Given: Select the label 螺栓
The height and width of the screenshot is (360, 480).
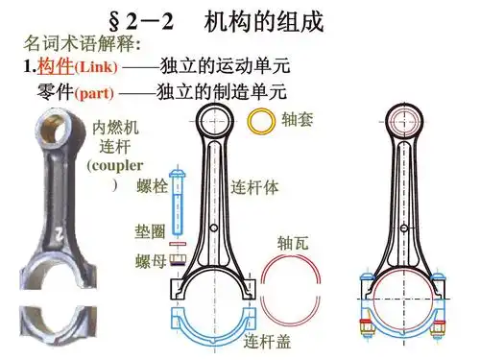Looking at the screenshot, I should click(152, 185).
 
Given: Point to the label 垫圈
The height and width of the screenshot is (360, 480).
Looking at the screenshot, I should click(151, 231).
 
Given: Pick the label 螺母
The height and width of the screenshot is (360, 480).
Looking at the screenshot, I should click(151, 260).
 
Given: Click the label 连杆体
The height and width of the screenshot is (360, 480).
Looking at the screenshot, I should click(255, 187).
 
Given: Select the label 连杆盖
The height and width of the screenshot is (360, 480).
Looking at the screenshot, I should click(267, 341).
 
